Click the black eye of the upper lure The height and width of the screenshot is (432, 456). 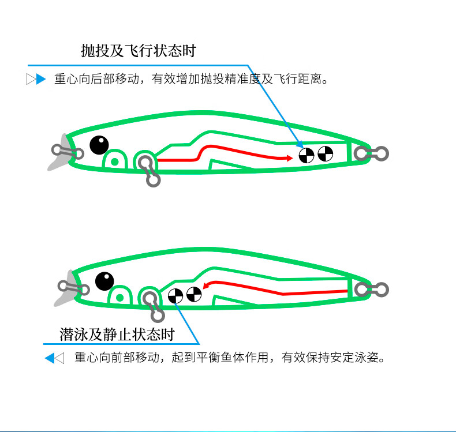pos(99,145)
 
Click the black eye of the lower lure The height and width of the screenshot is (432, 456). pos(104,281)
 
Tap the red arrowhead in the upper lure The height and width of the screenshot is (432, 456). pos(290,158)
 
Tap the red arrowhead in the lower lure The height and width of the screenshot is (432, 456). pos(205,286)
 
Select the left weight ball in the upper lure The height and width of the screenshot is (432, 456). pos(307,155)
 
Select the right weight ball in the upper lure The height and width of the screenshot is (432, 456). pos(325,153)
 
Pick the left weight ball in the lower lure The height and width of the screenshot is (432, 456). pos(175,296)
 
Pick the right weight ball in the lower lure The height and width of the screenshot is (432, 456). pos(194,294)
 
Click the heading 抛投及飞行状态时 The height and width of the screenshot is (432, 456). pos(139,51)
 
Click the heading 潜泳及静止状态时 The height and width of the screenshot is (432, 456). pos(117,335)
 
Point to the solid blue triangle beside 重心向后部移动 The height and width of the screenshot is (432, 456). pos(41,79)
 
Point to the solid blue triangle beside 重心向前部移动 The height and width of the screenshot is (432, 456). pos(50,358)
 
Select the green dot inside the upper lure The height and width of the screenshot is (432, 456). pos(115,162)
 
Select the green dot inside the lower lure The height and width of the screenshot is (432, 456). pos(120,298)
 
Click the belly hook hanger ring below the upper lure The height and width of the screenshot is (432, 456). pos(154,180)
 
